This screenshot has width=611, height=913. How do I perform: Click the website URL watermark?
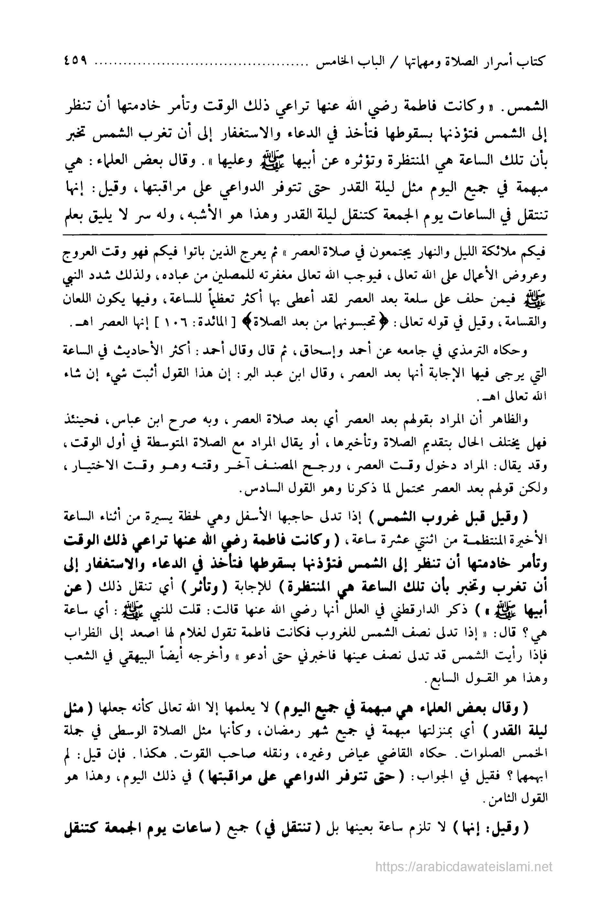coord(464,875)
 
